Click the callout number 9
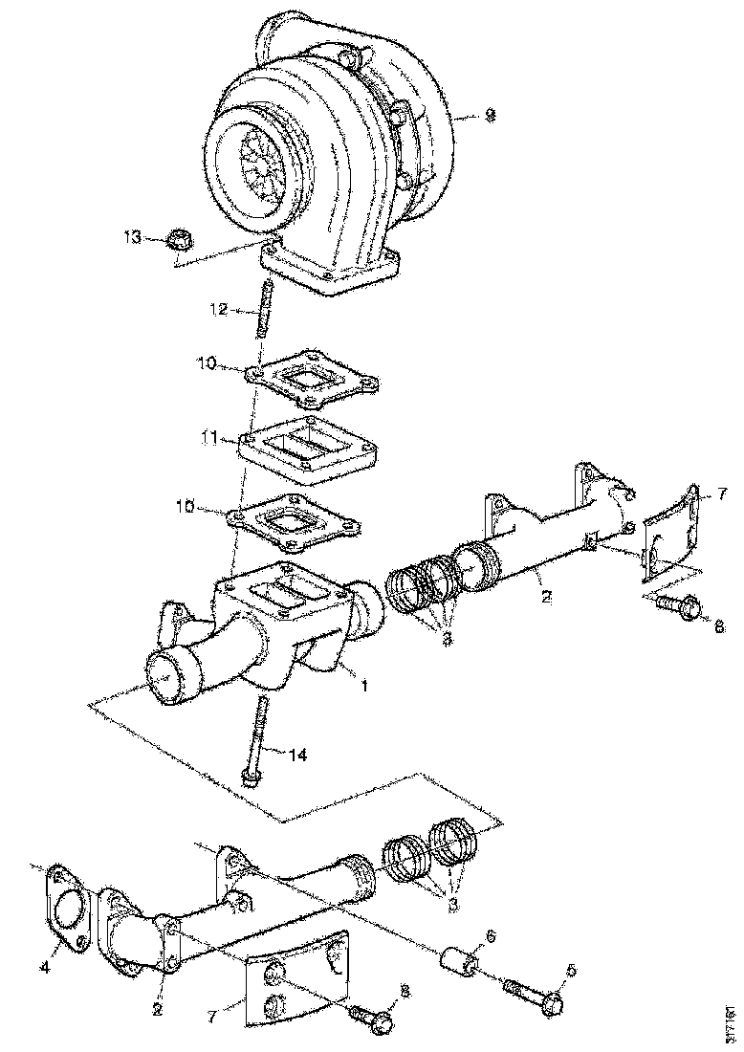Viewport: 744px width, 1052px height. (491, 115)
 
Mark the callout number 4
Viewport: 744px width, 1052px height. (44, 967)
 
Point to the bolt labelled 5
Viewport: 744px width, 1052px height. (536, 996)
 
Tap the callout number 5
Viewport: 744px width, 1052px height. (571, 971)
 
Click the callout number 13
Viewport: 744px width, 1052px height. (131, 236)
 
